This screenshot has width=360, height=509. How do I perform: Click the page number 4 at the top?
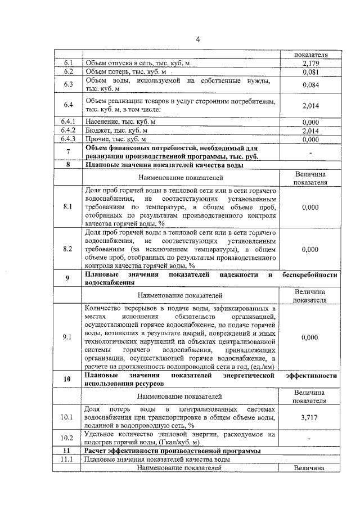[199, 39]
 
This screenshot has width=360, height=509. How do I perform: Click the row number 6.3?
[69, 85]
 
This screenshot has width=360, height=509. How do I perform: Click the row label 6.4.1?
[69, 121]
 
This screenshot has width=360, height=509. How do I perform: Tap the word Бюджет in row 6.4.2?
[98, 130]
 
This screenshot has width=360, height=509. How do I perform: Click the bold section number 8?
[69, 166]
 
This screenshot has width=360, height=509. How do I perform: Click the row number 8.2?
[69, 249]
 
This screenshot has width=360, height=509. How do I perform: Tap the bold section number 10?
[69, 379]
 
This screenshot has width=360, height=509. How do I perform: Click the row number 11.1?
[69, 460]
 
